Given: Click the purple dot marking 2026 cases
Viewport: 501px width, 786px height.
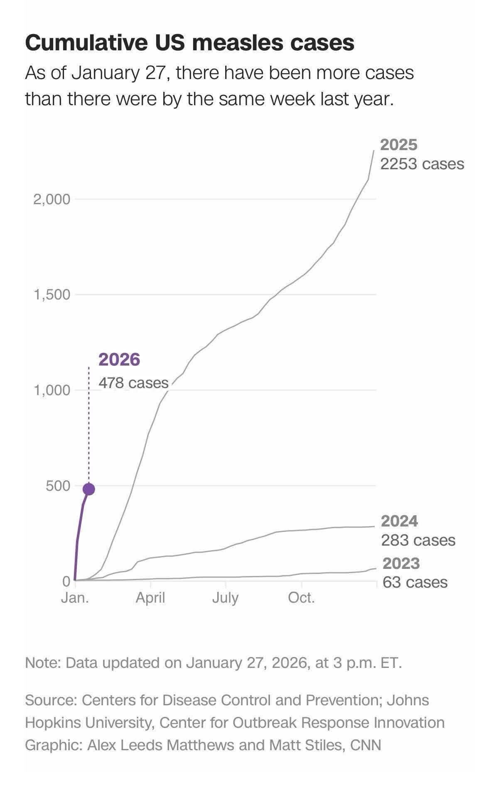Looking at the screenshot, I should point(89,489).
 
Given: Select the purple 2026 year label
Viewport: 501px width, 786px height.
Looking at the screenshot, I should point(119,360).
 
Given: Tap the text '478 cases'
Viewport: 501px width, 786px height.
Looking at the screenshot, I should point(133,383).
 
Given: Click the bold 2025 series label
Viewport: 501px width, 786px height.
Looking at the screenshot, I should point(399,145).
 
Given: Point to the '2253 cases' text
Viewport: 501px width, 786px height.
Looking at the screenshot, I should point(422,164).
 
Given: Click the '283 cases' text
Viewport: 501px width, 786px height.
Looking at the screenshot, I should point(418,540).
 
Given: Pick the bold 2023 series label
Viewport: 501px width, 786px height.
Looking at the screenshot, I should point(401,564).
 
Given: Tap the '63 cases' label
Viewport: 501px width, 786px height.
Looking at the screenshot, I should point(415,582).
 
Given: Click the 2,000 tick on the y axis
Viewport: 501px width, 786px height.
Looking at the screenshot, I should point(52,199).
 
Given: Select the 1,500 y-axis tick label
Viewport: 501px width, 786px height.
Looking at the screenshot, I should point(52,295).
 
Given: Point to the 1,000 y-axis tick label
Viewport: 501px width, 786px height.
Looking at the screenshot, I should point(52,391).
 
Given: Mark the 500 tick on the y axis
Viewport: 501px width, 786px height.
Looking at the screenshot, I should point(58,486).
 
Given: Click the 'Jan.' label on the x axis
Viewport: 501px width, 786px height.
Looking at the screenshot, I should point(75,598).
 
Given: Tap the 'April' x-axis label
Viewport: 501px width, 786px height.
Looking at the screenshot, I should point(150,598).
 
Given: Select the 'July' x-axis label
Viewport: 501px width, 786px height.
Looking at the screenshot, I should point(226,598).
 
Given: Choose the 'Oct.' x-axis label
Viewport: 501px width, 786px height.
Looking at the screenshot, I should point(301,598).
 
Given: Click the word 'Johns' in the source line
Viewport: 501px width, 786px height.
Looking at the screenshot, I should point(408,700).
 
